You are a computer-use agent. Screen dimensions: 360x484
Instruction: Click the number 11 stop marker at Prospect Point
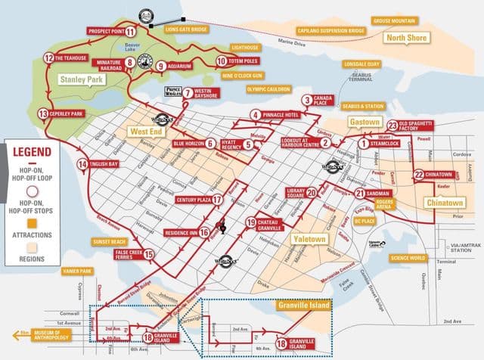[131, 32]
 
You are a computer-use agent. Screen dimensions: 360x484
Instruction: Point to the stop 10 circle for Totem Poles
[222, 61]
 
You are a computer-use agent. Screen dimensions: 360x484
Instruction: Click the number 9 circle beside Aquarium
[161, 67]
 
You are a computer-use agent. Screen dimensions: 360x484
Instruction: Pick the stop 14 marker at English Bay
[82, 164]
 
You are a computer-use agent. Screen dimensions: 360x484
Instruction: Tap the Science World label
[407, 257]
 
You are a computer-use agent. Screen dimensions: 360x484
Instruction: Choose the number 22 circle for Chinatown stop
[418, 175]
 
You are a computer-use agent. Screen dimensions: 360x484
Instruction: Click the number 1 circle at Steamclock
[363, 142]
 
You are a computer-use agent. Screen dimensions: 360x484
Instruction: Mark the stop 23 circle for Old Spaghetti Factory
[392, 126]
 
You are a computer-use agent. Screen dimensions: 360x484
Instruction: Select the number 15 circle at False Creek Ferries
[148, 255]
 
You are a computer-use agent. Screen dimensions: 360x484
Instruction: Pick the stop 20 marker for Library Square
[290, 193]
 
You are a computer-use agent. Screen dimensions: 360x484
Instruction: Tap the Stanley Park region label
[79, 78]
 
